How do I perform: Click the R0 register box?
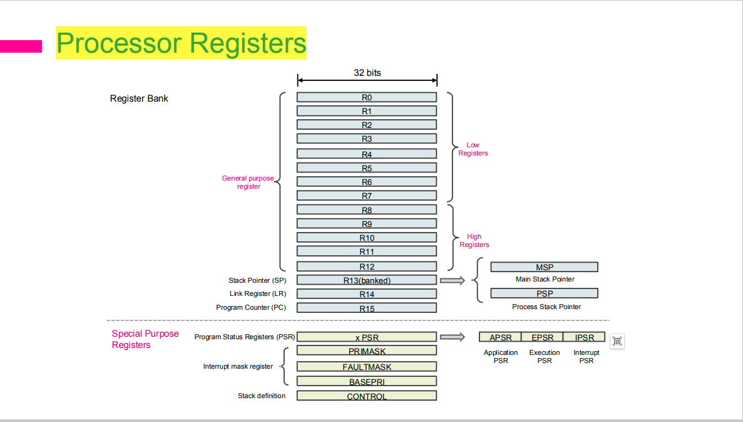click(x=367, y=97)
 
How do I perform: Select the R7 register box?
click(x=367, y=196)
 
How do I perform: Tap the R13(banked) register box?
click(x=367, y=280)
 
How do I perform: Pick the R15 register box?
click(x=367, y=308)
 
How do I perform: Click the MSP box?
click(x=545, y=267)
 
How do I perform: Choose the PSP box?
click(x=545, y=293)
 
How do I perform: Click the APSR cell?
click(x=500, y=337)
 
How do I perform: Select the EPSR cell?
click(x=542, y=337)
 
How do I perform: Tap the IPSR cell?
click(x=584, y=337)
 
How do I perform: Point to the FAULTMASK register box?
click(x=367, y=366)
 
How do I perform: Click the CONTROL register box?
click(x=367, y=396)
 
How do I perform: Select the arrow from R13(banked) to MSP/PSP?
click(x=453, y=280)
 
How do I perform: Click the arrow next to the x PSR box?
click(x=453, y=337)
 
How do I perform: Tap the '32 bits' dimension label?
click(x=367, y=73)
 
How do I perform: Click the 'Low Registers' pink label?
click(x=473, y=149)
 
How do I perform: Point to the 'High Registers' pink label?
click(x=474, y=241)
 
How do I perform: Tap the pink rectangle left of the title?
click(x=21, y=46)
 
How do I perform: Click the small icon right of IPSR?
click(x=617, y=340)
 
